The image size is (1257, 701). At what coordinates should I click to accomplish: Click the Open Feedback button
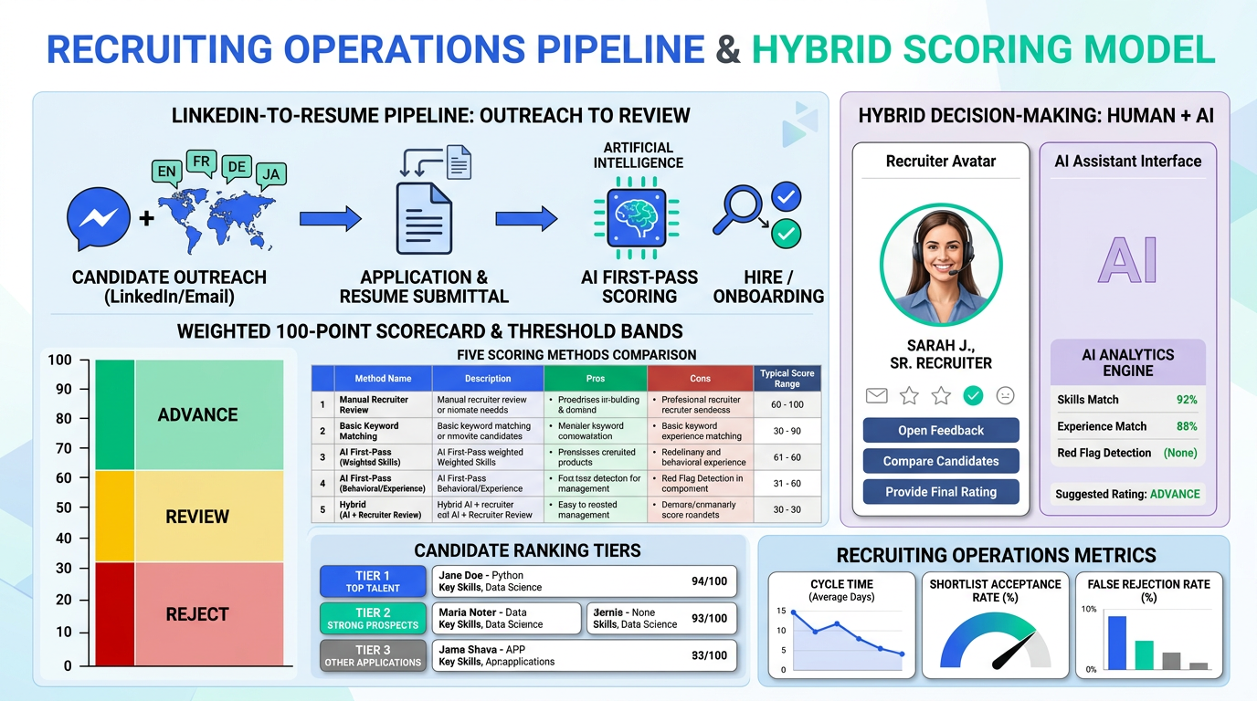pos(941,430)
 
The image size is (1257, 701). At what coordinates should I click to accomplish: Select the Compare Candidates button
pos(941,461)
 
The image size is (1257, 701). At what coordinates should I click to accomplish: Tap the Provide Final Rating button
pos(941,492)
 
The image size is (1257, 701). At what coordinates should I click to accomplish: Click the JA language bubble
pos(269,173)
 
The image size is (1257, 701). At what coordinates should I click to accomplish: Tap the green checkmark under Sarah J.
pos(973,395)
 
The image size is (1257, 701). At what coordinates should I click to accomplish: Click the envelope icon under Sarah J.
pos(877,395)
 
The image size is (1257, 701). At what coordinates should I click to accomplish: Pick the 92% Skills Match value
pos(1187,400)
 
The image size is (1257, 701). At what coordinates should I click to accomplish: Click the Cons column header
pos(701,378)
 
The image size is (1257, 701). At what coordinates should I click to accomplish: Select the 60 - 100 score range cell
pos(787,404)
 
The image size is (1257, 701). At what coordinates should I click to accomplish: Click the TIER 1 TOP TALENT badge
pos(373,581)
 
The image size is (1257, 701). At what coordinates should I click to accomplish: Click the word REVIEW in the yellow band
pos(197,517)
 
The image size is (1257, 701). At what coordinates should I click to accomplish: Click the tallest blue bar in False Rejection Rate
pos(1116,642)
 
